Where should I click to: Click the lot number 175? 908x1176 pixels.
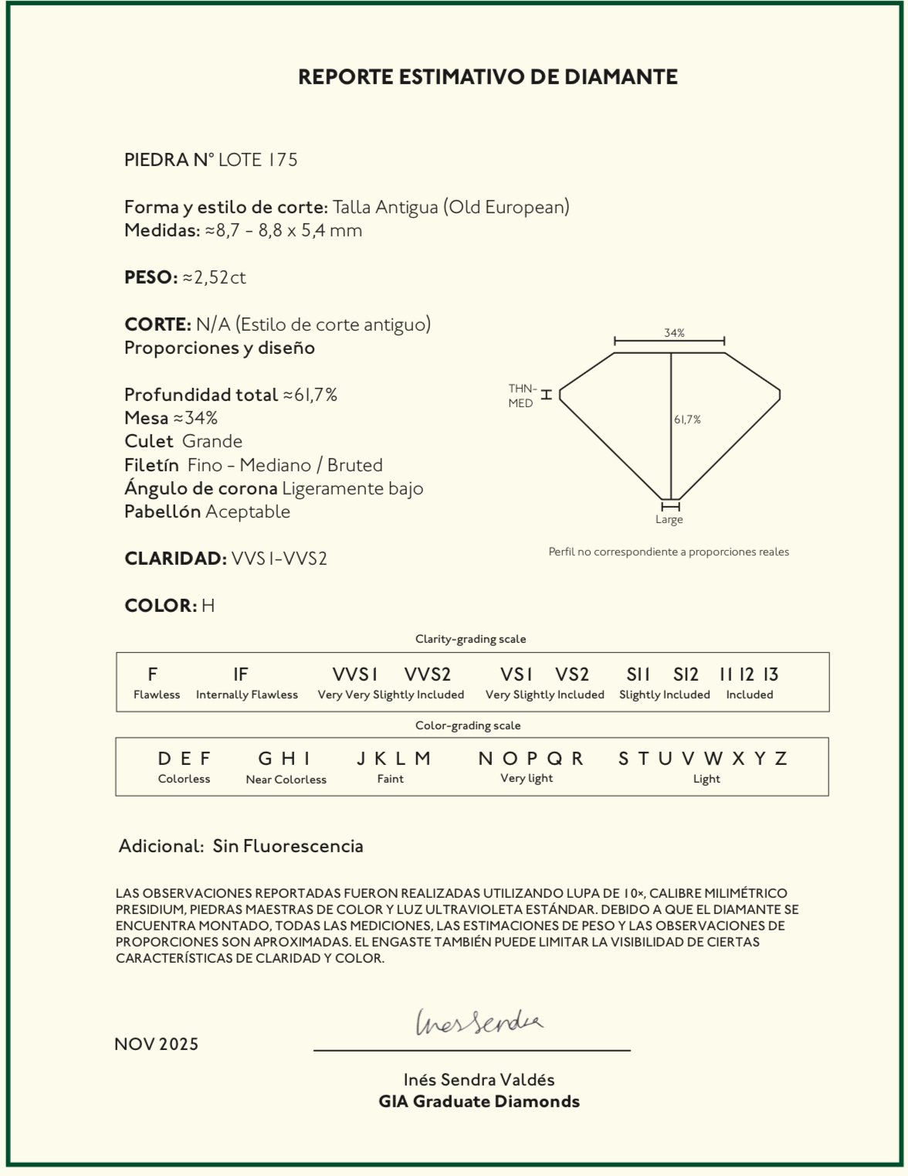pos(283,160)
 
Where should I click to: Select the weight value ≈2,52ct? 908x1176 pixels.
pos(214,277)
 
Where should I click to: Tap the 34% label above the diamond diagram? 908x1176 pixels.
pos(674,333)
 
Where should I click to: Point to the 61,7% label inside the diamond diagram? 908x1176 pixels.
pos(687,420)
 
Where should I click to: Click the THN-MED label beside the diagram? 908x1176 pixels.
pos(522,396)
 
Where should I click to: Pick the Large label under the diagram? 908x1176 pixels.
pos(669,520)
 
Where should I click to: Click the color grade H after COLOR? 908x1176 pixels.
pos(208,606)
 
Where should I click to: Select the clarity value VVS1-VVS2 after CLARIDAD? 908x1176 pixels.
pos(279,559)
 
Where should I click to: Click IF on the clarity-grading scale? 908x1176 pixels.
pos(241,675)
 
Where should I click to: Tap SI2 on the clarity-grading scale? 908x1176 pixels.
pos(686,675)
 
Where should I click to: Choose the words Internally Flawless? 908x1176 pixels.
pos(247,695)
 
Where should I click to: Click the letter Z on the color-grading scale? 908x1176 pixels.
pos(781,759)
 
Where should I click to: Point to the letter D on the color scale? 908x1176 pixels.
pos(164,759)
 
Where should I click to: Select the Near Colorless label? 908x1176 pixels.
pos(286,780)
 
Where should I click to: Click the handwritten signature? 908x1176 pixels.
pos(479,1022)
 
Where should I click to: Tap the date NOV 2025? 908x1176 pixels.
pos(157,1045)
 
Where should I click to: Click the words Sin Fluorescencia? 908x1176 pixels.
pos(288,846)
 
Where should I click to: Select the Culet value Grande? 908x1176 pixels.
pos(212,441)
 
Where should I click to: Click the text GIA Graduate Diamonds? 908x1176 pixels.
pos(479,1102)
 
